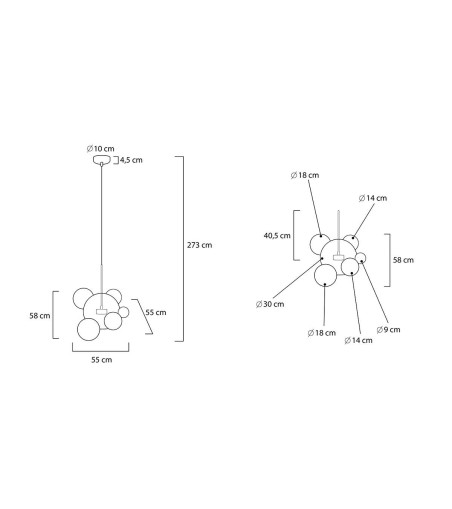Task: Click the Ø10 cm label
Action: coord(100,149)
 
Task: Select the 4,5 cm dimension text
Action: coord(131,160)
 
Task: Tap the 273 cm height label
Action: coord(199,245)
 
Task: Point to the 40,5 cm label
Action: coord(277,236)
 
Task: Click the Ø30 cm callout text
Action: coord(270,304)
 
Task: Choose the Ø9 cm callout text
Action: coord(388,330)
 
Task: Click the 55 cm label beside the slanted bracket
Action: coord(156,313)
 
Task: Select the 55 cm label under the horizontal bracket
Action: coord(102,360)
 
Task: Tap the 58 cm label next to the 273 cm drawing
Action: coord(40,316)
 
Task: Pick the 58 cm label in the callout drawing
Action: coord(403,260)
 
